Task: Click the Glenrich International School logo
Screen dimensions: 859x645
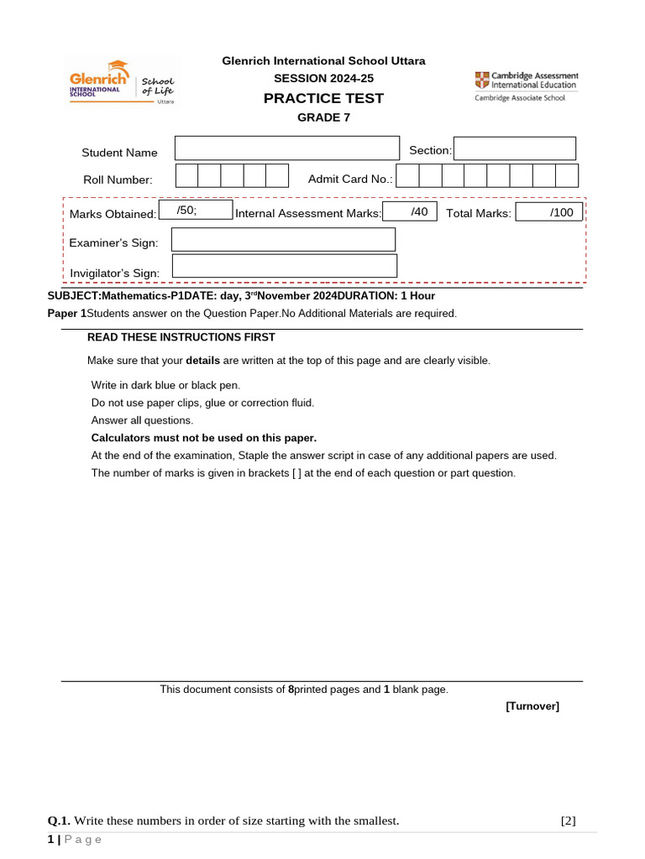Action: [123, 82]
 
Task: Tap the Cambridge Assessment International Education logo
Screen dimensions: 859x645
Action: [526, 86]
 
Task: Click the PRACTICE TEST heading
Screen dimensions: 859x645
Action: [323, 98]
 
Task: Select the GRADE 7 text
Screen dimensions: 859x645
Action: [323, 117]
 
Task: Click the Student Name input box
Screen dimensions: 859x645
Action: [286, 148]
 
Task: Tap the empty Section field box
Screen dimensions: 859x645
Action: [515, 148]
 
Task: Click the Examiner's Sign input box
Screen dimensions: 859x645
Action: [283, 240]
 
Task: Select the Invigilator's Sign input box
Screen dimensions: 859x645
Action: [284, 267]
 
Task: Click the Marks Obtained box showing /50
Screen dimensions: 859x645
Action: [195, 210]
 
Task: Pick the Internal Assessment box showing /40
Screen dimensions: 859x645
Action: [410, 212]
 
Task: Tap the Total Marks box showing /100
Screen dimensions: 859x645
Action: [548, 212]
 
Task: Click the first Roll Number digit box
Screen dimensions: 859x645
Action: [186, 175]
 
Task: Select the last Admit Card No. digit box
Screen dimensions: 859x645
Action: [567, 175]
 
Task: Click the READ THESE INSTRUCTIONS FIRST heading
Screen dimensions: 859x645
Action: [181, 337]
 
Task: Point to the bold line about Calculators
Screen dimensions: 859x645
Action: [204, 438]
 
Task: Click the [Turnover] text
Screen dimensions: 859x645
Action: [532, 706]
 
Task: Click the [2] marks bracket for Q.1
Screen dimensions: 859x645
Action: [568, 820]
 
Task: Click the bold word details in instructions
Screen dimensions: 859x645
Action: [202, 361]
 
